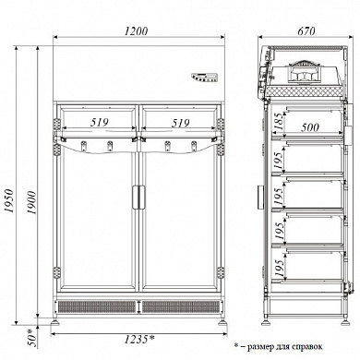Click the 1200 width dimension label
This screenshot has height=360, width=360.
(137, 31)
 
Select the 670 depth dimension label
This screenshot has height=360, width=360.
(306, 31)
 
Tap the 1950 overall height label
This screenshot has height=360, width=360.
(10, 200)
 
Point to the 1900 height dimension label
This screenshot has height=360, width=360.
(31, 202)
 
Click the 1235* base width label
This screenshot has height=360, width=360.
(139, 339)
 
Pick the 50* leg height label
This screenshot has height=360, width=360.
(32, 338)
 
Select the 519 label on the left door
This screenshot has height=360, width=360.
(100, 123)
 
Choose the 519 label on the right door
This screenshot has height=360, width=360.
(180, 123)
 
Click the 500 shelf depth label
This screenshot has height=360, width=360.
(310, 127)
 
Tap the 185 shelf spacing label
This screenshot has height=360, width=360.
(279, 122)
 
